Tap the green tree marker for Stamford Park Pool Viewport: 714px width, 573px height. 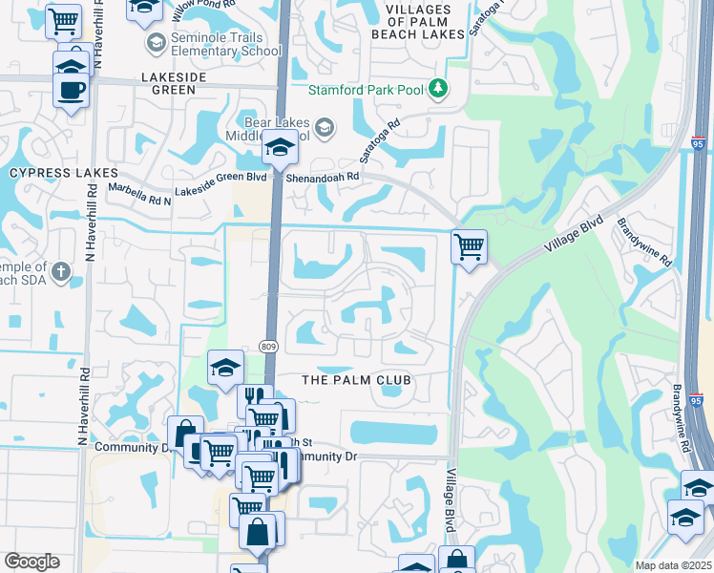pos(438,89)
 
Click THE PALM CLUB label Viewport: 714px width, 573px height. pos(356,380)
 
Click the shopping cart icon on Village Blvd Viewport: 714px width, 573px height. pos(469,247)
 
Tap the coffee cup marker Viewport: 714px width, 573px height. pos(71,91)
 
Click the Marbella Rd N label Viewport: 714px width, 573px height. pos(139,194)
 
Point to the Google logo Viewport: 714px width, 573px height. pos(31,562)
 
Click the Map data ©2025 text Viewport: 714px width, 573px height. pos(673,565)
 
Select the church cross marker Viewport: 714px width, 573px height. pos(60,272)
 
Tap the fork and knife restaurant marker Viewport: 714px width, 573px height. pos(255,397)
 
